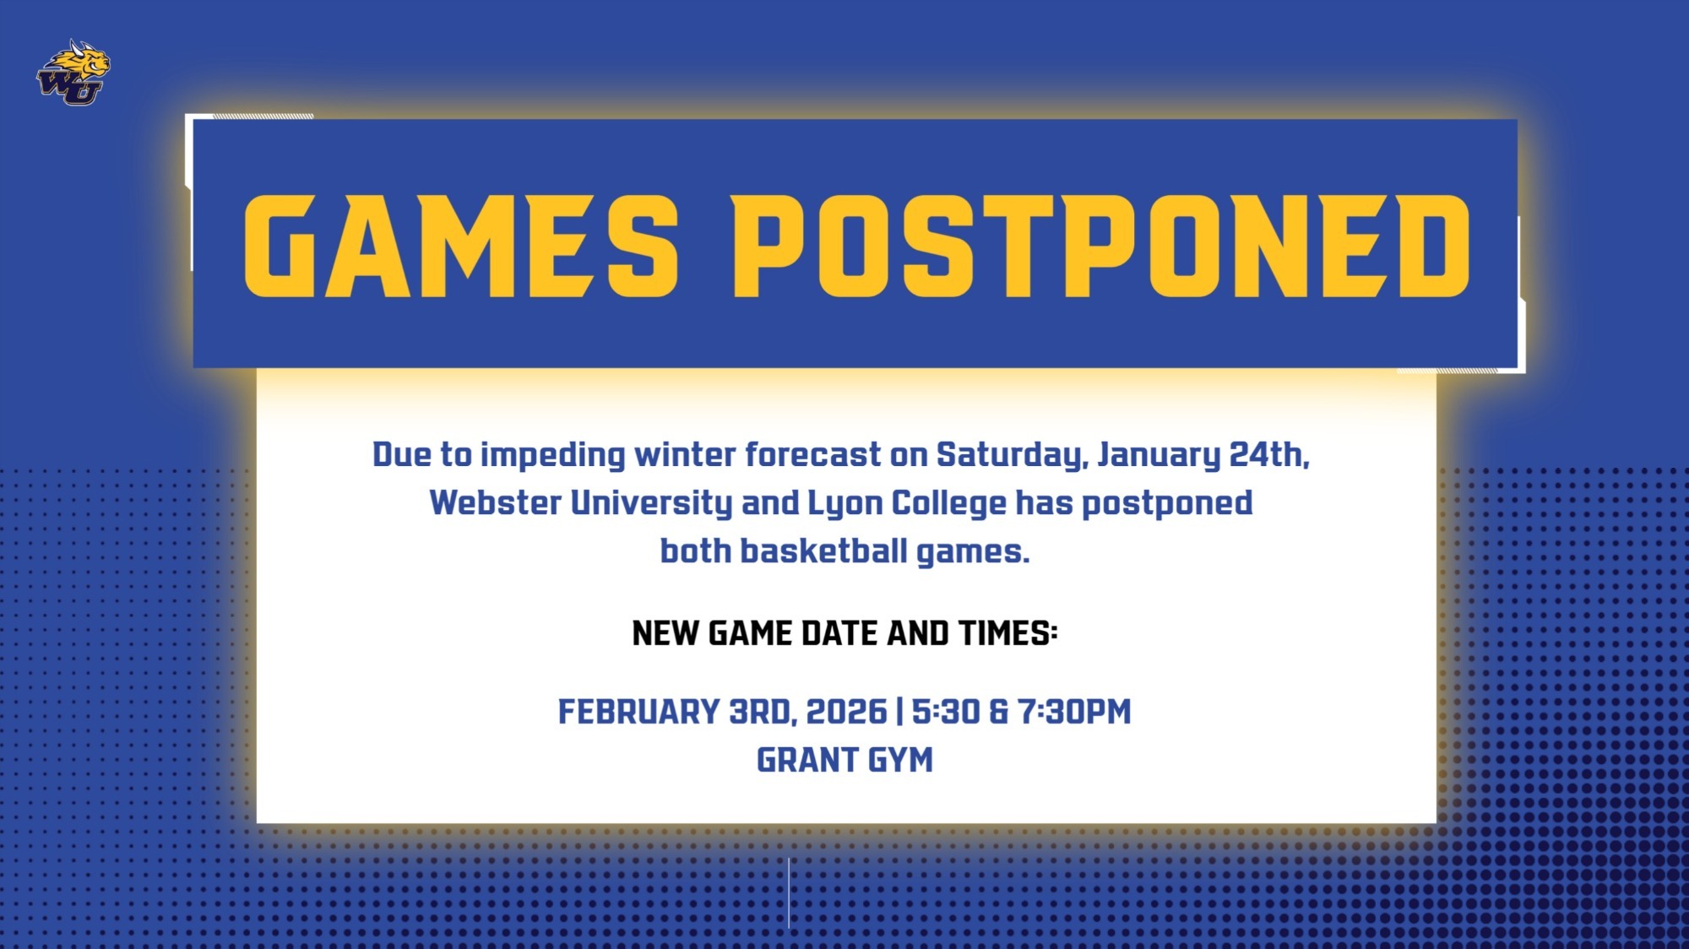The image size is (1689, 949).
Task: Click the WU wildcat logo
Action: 73,73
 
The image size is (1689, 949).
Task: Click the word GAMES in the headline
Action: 461,247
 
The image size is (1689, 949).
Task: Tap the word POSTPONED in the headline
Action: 1100,247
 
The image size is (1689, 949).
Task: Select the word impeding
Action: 553,456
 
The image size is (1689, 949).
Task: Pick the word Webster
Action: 496,503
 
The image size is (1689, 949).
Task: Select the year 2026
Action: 846,712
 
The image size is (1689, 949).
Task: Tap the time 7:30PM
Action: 1074,712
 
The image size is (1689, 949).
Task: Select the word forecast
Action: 812,455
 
